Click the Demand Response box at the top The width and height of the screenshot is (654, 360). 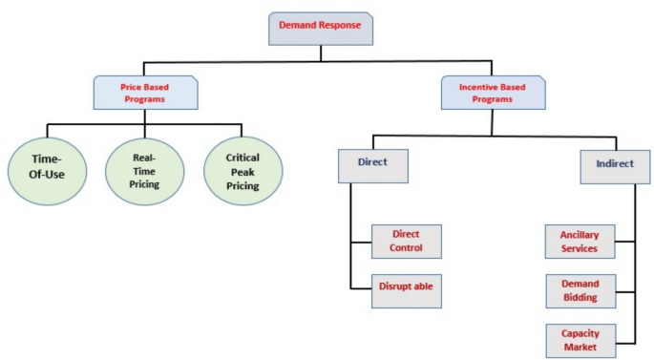click(x=320, y=28)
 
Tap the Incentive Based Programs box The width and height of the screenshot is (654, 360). click(x=494, y=93)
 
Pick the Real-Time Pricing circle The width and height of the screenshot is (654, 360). click(x=144, y=171)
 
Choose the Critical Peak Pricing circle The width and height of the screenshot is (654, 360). click(x=243, y=171)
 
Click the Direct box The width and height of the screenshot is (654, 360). click(x=372, y=163)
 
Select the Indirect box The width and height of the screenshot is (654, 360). click(x=615, y=164)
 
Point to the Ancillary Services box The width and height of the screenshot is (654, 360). click(x=580, y=242)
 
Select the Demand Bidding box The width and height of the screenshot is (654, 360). click(x=580, y=290)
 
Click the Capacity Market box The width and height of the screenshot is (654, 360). click(x=580, y=340)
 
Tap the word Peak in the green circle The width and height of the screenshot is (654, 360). click(x=243, y=171)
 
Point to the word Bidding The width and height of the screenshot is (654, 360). click(x=580, y=298)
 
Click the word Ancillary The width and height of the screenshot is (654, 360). click(x=580, y=234)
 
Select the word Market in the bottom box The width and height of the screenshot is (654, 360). click(x=580, y=348)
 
